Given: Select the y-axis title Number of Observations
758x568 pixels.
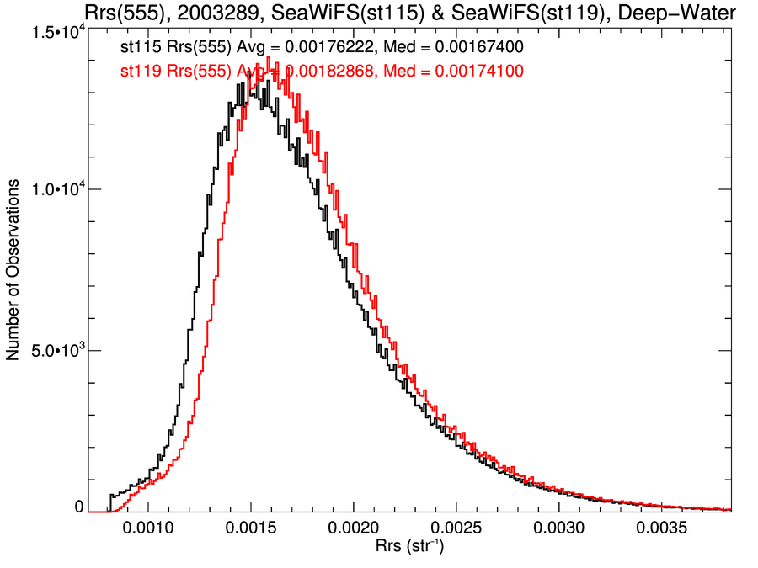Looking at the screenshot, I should [14, 273].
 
